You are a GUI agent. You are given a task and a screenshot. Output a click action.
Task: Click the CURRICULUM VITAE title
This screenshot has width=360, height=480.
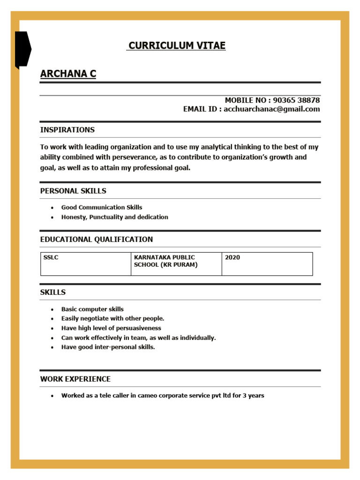point(177,45)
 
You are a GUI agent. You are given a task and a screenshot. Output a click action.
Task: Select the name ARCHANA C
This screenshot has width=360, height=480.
point(68,74)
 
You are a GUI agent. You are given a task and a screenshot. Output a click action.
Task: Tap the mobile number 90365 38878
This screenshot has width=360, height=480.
point(296,100)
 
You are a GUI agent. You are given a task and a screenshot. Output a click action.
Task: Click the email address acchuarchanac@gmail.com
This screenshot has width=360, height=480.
point(272,109)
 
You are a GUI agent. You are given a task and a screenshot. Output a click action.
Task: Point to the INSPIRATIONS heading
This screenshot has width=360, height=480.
point(67,130)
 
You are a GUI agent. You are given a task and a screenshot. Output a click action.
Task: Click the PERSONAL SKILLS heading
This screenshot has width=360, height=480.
point(73,191)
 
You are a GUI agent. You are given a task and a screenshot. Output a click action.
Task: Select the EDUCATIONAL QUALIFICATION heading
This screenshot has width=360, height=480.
point(97,240)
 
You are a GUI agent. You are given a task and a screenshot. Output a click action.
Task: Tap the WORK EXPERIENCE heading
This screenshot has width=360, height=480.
point(75,379)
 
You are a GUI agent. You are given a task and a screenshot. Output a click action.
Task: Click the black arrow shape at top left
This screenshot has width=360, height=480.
point(22,49)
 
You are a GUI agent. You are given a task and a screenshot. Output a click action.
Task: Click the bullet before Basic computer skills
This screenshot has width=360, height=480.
point(52,310)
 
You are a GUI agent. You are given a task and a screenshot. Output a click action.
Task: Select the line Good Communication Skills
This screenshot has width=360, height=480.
point(102,207)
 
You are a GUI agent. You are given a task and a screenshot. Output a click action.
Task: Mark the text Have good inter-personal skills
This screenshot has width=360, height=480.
point(108,347)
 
